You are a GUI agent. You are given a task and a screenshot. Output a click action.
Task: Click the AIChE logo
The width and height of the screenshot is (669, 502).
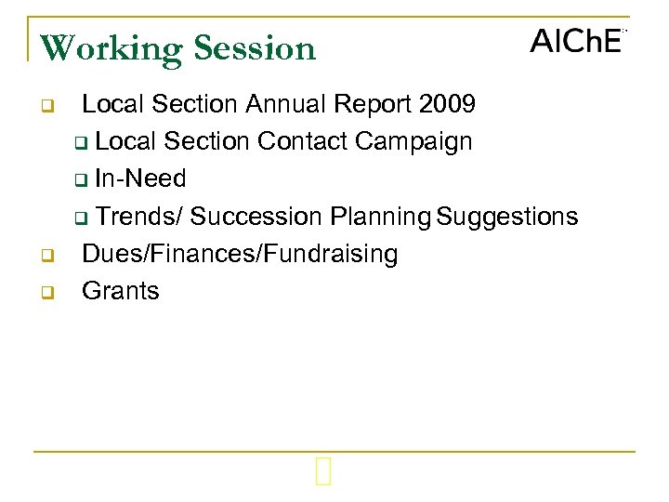coord(576,42)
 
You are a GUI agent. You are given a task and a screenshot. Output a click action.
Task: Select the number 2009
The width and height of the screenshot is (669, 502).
coord(447,104)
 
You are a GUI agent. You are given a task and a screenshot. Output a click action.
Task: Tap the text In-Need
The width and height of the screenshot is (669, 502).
coord(140,178)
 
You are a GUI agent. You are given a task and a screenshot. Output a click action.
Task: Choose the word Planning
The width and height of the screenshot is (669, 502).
coord(381,217)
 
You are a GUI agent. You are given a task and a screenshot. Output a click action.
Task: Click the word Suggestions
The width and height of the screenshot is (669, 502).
coord(507,217)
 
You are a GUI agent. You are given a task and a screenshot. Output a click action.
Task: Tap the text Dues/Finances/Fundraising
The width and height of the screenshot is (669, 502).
coord(240,254)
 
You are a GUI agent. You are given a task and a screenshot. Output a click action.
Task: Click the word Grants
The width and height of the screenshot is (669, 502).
coord(121,291)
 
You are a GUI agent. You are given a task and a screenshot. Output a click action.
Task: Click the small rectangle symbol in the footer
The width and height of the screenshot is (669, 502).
coord(322,474)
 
